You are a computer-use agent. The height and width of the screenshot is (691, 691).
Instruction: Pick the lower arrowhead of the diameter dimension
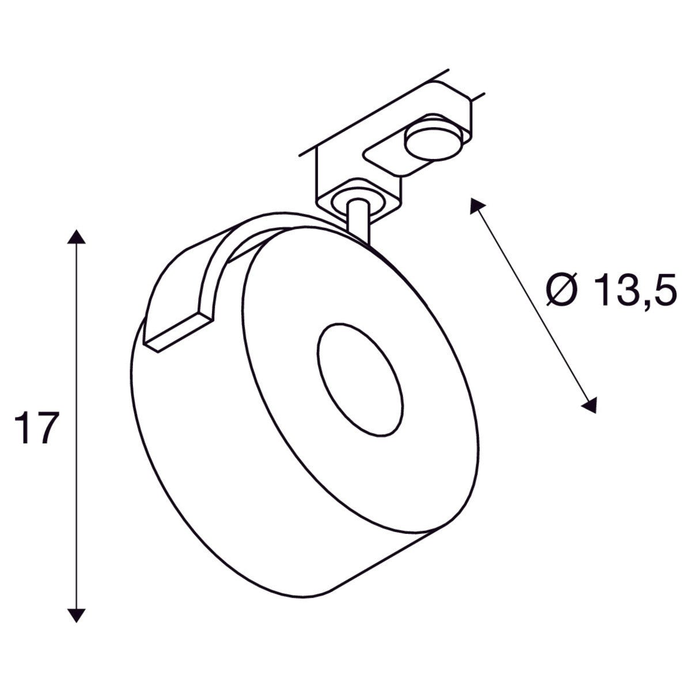point(590,405)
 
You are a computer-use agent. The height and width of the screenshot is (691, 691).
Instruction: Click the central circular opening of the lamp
point(359,380)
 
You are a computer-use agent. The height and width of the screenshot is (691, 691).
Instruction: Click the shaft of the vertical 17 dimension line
point(77,345)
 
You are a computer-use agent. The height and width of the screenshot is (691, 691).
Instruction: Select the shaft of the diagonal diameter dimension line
point(533,305)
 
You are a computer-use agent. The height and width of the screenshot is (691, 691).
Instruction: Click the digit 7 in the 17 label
point(48,428)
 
